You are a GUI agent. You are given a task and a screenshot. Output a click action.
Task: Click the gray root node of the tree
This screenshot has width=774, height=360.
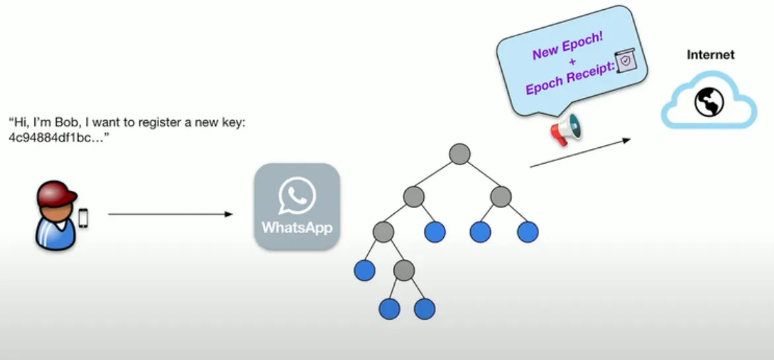[459, 154]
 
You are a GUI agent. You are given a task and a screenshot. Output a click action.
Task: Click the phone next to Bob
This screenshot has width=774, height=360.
[83, 218]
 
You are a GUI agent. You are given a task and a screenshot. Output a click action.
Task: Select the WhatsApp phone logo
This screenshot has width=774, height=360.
[297, 196]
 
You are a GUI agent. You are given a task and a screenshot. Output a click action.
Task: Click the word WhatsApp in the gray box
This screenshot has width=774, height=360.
[297, 228]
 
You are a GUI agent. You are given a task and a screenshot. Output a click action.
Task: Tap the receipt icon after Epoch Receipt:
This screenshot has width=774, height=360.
[625, 60]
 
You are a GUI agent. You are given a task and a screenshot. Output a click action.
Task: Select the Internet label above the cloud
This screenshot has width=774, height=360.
[711, 55]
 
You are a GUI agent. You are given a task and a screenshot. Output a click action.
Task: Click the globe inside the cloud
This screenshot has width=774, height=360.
[708, 102]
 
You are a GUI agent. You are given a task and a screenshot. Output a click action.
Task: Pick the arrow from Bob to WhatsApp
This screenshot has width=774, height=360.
[170, 214]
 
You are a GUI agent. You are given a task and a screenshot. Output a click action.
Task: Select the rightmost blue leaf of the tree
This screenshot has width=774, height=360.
[528, 232]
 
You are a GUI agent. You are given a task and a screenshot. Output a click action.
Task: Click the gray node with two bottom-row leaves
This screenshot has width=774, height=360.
[404, 270]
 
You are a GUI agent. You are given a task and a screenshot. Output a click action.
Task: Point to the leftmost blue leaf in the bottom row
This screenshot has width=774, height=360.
[390, 308]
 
